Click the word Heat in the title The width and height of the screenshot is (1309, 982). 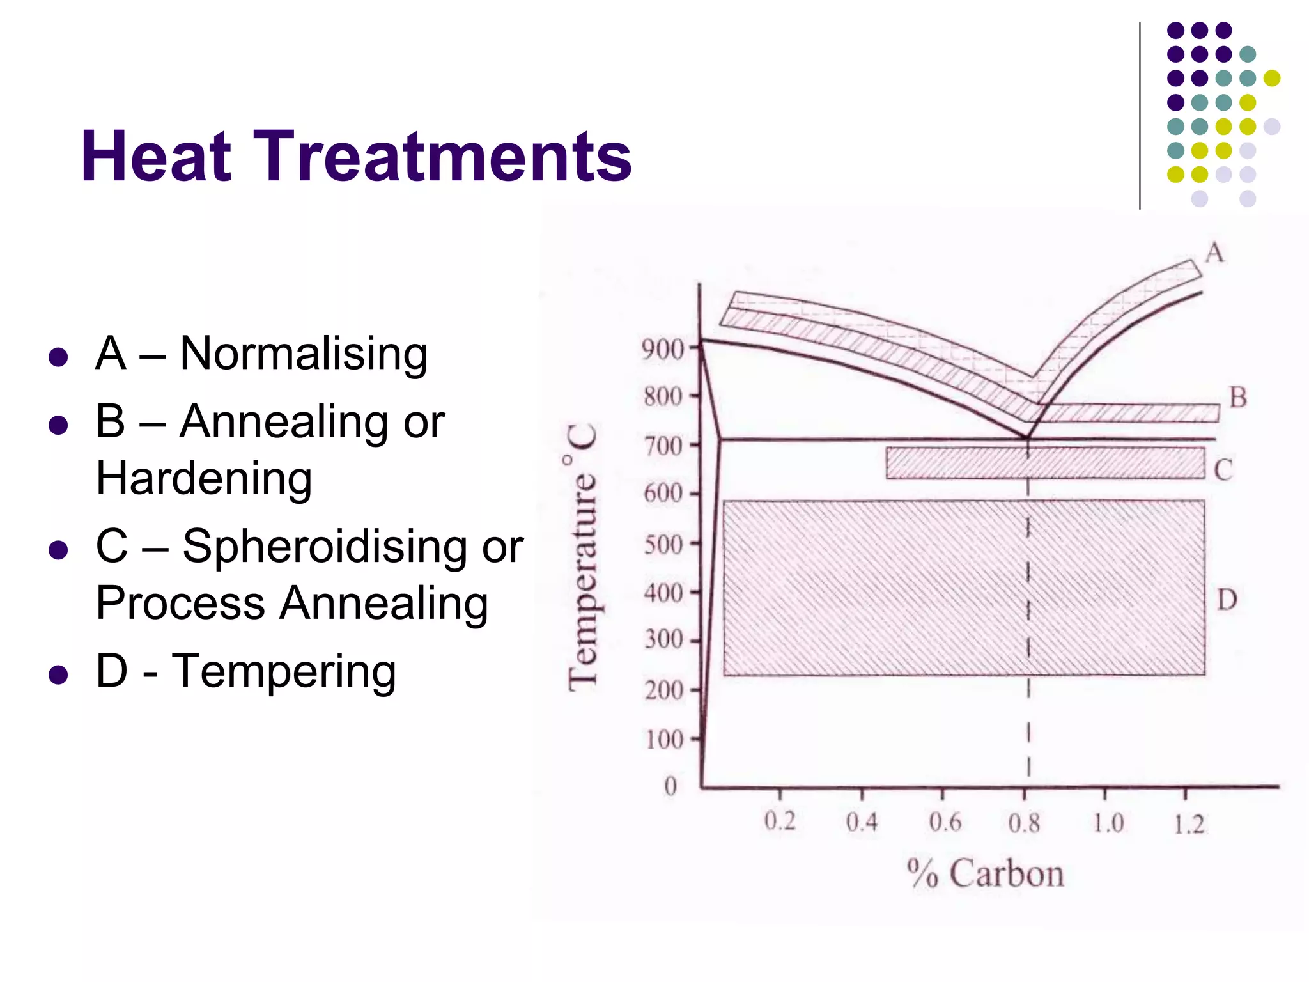pos(156,157)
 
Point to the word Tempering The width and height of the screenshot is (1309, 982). pos(284,671)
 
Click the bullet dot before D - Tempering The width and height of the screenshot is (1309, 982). pos(58,674)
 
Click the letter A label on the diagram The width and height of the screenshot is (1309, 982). pos(1214,253)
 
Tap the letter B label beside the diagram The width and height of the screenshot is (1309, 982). pos(1238,398)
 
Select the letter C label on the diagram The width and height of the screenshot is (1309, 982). pos(1223,471)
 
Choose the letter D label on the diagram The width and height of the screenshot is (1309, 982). pos(1227,600)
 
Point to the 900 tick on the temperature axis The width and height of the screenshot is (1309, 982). pos(662,350)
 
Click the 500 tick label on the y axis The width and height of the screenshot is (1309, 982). pos(663,545)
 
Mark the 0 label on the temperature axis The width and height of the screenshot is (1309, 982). pos(670,786)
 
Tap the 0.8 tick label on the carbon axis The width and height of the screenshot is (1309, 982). pos(1024,823)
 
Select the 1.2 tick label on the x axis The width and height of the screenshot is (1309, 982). pos(1189,824)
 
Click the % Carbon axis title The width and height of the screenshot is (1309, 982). pos(985,873)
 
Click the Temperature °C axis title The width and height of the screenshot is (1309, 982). pos(583,556)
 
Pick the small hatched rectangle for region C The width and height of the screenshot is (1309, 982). pos(1045,463)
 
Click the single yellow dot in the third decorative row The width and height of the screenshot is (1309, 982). pos(1272,78)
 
